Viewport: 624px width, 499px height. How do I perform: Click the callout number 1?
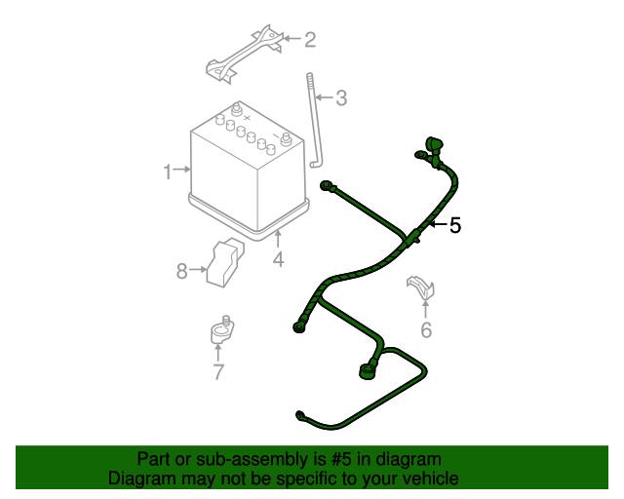[x=168, y=172]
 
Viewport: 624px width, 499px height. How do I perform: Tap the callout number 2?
[x=310, y=40]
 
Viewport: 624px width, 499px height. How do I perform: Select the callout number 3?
[x=340, y=97]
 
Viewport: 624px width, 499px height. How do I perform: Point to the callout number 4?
[x=278, y=259]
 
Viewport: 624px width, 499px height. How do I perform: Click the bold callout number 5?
[x=454, y=226]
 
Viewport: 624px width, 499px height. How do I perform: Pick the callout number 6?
[x=426, y=330]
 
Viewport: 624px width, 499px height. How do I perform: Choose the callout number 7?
[x=218, y=371]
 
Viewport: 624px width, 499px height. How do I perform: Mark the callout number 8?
[x=181, y=271]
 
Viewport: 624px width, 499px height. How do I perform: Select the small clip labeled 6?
[x=420, y=288]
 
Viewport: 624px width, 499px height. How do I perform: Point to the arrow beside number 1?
[x=182, y=172]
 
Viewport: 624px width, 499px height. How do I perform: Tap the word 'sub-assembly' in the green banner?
[x=244, y=459]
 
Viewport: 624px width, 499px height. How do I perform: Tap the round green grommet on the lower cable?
[x=369, y=370]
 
